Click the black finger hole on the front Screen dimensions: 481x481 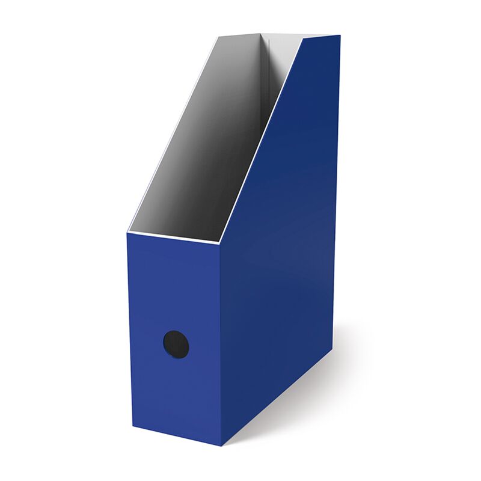[176, 345]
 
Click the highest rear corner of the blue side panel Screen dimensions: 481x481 [340, 35]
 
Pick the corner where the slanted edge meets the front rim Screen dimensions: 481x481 [219, 244]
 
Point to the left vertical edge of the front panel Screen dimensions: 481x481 [130, 331]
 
